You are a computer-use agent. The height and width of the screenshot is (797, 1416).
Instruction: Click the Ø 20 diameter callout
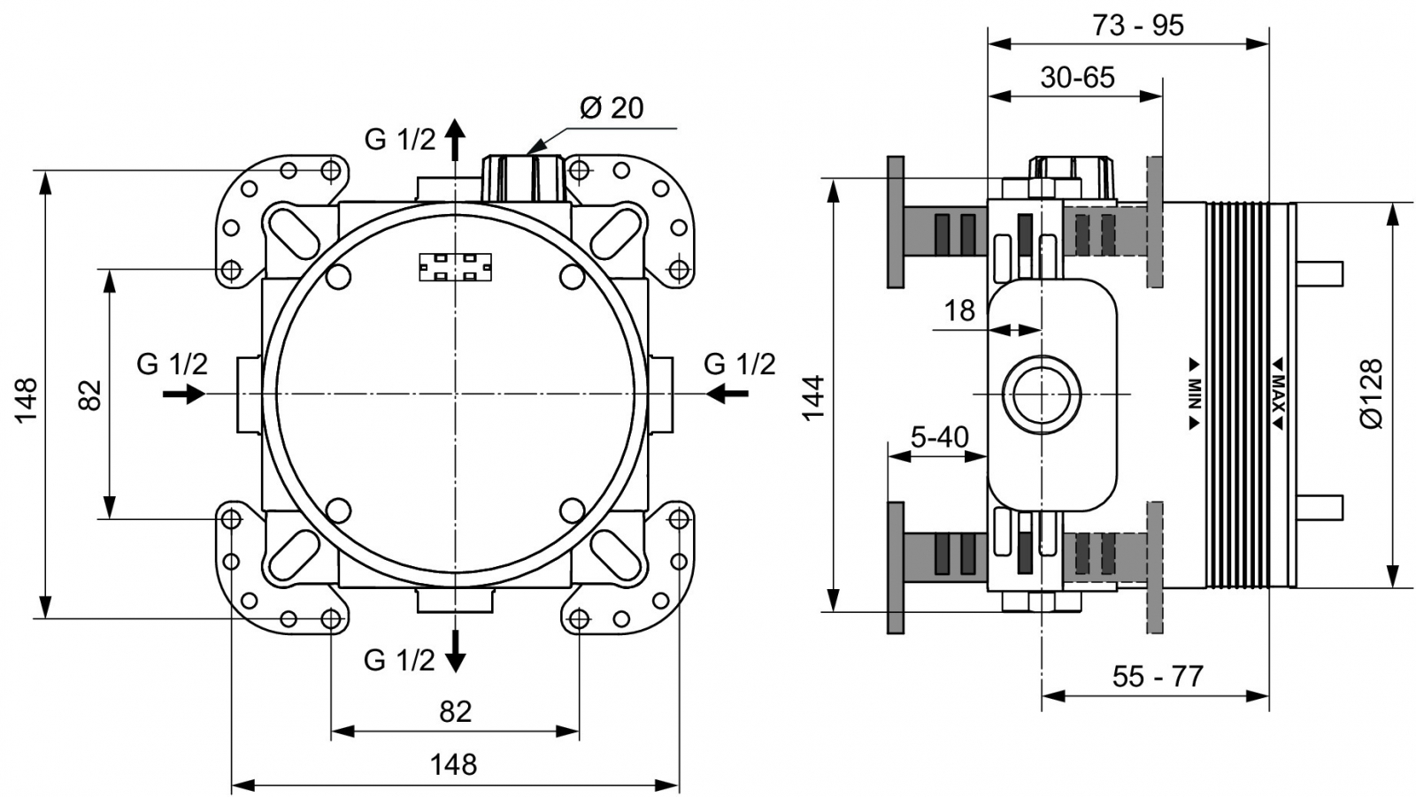pos(612,108)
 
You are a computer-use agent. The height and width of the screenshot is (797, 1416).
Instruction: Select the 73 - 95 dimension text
pos(1137,26)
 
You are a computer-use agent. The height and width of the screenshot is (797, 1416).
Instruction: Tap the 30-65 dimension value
pos(1077,78)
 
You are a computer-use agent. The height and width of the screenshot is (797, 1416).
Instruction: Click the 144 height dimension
pos(812,397)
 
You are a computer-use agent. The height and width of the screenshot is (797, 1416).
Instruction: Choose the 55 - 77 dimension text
pos(1158,677)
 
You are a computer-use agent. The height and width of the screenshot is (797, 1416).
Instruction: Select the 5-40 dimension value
pos(939,437)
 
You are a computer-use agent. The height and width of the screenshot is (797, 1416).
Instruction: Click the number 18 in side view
pos(959,310)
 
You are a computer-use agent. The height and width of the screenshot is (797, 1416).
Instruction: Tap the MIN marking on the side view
pos(1194,395)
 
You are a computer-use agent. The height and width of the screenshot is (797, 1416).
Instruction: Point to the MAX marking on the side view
pos(1279,395)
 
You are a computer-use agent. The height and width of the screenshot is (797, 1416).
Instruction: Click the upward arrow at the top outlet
pos(455,138)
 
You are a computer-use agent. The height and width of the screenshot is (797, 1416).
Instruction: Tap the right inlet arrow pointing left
pos(727,394)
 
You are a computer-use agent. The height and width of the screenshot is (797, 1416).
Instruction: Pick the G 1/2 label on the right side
pos(739,364)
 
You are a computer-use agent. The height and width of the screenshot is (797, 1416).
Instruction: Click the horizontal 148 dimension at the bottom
pos(453,763)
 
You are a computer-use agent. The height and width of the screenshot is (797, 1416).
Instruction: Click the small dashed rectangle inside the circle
pos(455,267)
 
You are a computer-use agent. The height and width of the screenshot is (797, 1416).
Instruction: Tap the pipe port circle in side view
pos(1042,395)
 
